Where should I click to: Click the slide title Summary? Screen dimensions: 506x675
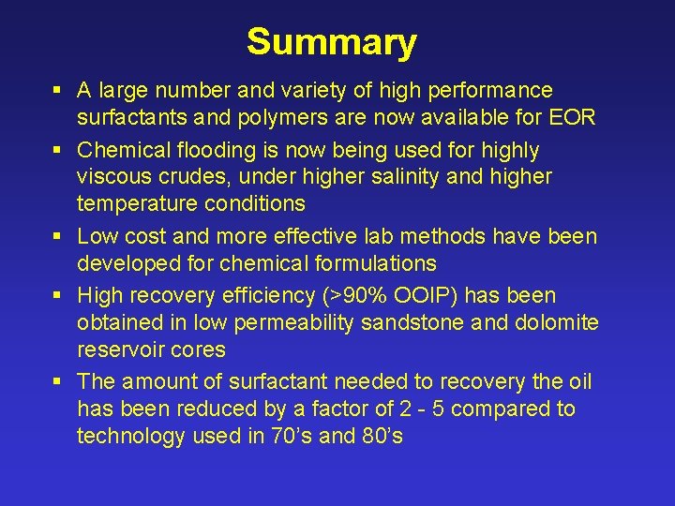[x=331, y=42]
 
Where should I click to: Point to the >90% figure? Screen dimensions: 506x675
[x=344, y=296]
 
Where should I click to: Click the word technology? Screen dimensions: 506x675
[x=134, y=436]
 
